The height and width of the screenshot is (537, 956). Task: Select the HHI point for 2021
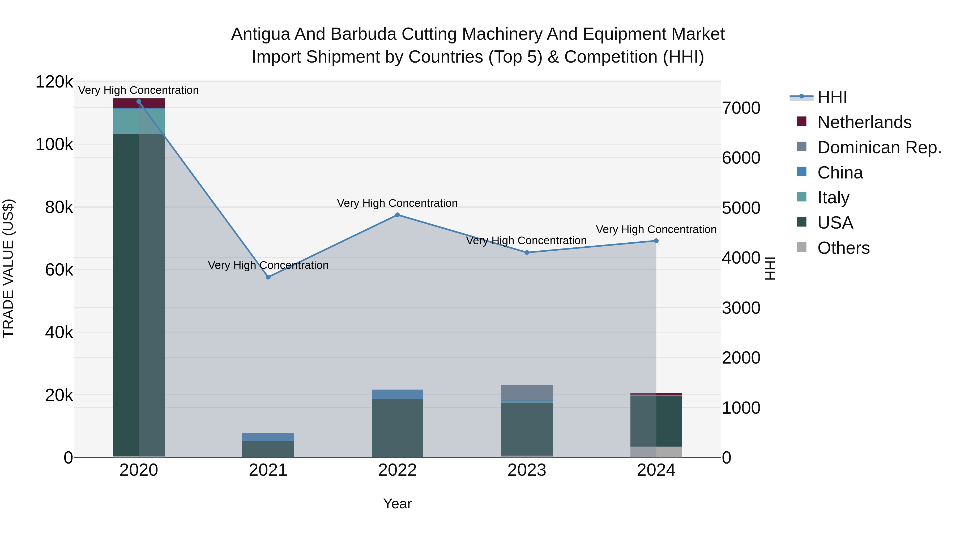point(268,277)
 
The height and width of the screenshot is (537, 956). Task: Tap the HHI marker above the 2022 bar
point(398,215)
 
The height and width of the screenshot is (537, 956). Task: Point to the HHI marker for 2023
point(527,253)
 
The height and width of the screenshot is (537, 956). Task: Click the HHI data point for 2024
point(656,241)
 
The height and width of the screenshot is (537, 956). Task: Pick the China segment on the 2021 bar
point(268,437)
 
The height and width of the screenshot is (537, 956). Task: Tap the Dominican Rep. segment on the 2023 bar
point(527,393)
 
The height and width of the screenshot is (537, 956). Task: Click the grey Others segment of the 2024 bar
point(656,452)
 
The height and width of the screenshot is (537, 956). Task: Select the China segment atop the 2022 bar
point(398,394)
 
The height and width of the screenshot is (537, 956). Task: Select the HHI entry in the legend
point(832,97)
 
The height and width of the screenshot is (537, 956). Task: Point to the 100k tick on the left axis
point(54,145)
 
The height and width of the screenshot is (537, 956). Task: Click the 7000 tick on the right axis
point(741,108)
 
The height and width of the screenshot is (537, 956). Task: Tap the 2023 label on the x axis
point(527,470)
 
